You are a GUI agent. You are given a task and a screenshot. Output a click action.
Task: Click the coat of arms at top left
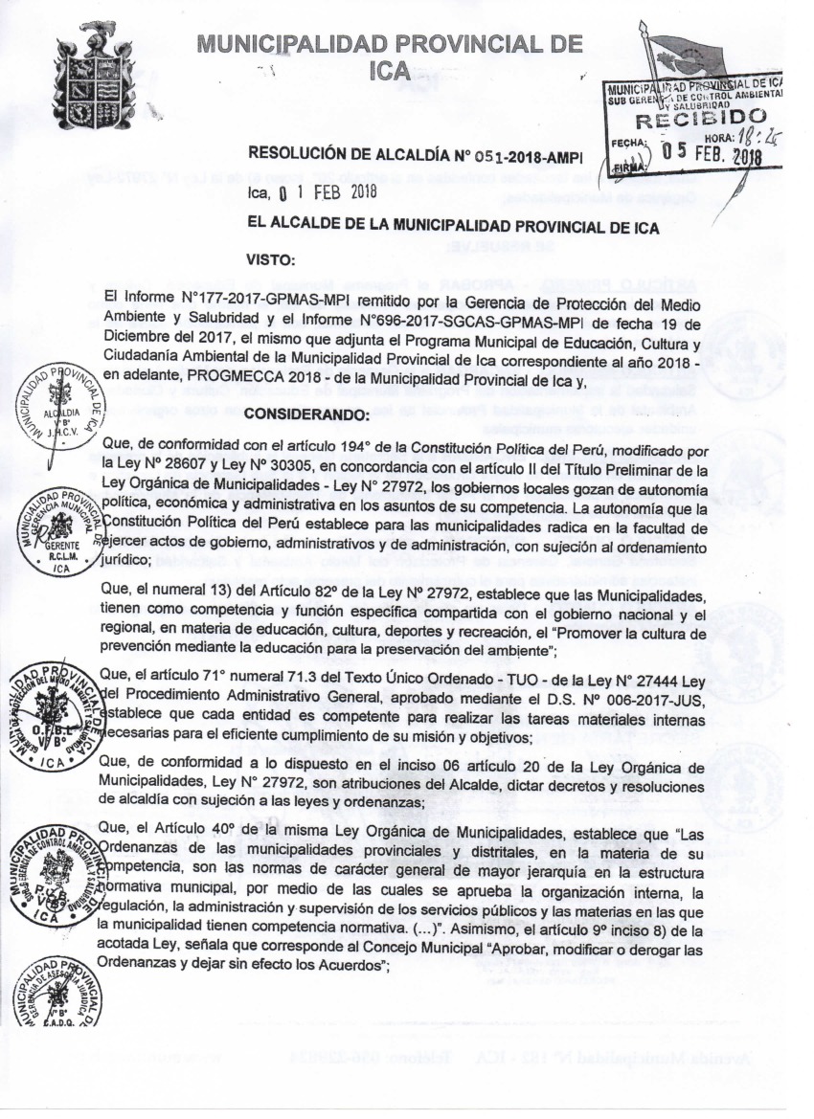pyautogui.click(x=93, y=78)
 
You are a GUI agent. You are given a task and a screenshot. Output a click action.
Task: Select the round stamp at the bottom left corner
pyautogui.click(x=59, y=994)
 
